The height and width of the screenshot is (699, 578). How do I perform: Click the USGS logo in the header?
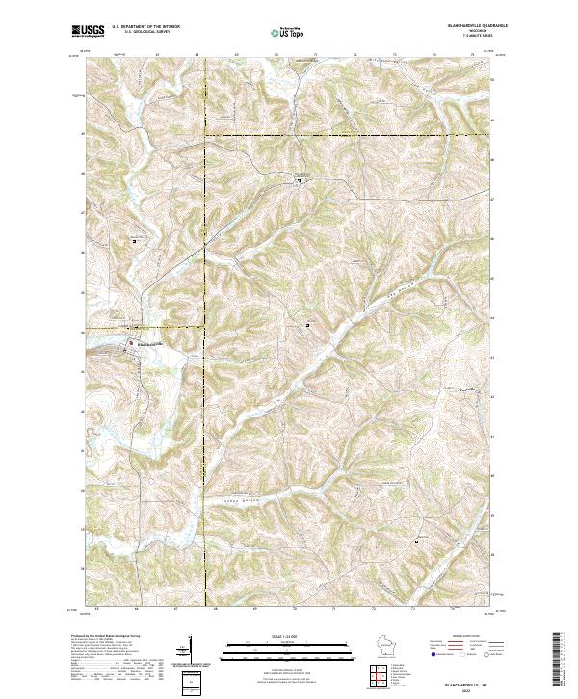click(x=88, y=31)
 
